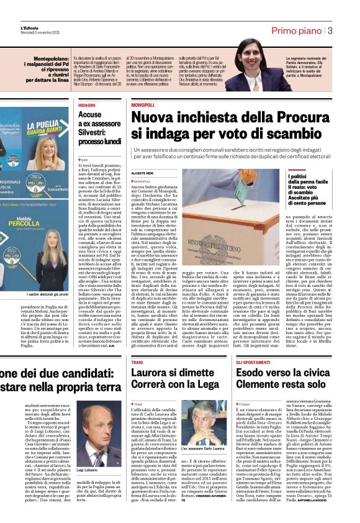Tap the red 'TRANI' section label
pos(137,362)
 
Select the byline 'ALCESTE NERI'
pos(142,173)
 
